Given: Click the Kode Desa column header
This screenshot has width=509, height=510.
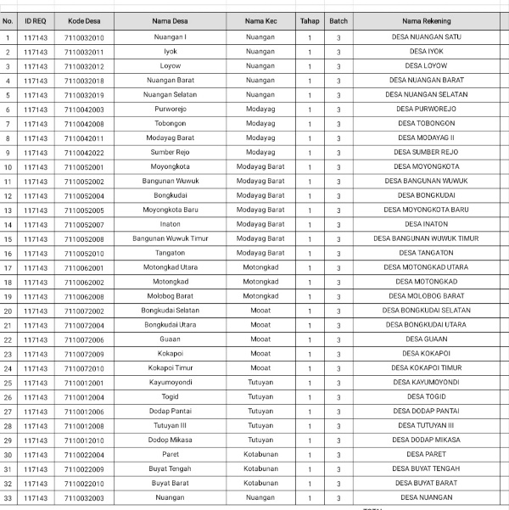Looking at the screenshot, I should click(x=84, y=20).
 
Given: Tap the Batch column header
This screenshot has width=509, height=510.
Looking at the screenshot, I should click(x=338, y=20).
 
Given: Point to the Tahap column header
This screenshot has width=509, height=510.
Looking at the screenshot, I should click(x=310, y=20).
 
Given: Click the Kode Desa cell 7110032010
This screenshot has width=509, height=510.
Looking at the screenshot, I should click(x=84, y=37).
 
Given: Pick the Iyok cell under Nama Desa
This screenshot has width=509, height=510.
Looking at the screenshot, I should click(x=171, y=52).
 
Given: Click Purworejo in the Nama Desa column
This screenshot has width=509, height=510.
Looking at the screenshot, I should click(x=171, y=109).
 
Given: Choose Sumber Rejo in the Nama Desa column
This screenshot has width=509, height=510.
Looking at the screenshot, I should click(x=171, y=153).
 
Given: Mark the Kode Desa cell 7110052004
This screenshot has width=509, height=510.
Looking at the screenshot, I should click(x=84, y=196).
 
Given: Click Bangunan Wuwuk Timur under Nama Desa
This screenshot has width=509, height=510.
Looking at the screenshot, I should click(x=171, y=239).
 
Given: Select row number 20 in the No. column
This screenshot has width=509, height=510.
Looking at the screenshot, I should click(x=8, y=311).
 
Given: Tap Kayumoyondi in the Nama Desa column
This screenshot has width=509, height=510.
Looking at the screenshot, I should click(x=171, y=383).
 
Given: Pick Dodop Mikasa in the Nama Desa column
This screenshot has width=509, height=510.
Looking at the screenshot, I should click(x=171, y=440).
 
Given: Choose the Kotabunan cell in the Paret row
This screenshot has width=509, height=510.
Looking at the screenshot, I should click(x=260, y=455).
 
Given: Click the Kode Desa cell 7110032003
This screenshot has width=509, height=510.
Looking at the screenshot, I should click(x=84, y=498).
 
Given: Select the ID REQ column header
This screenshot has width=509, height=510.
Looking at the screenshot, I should click(x=36, y=20).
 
